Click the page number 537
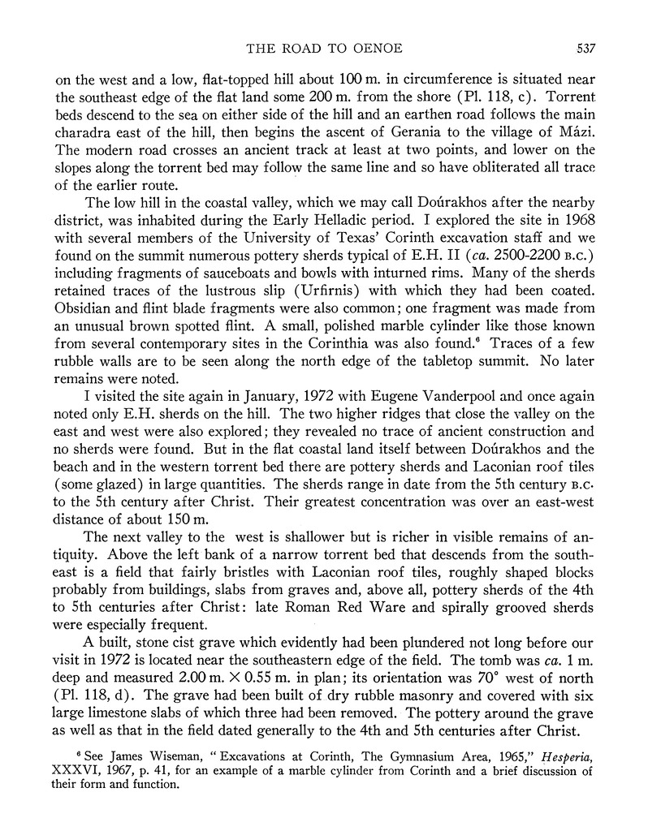[x=585, y=48]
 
